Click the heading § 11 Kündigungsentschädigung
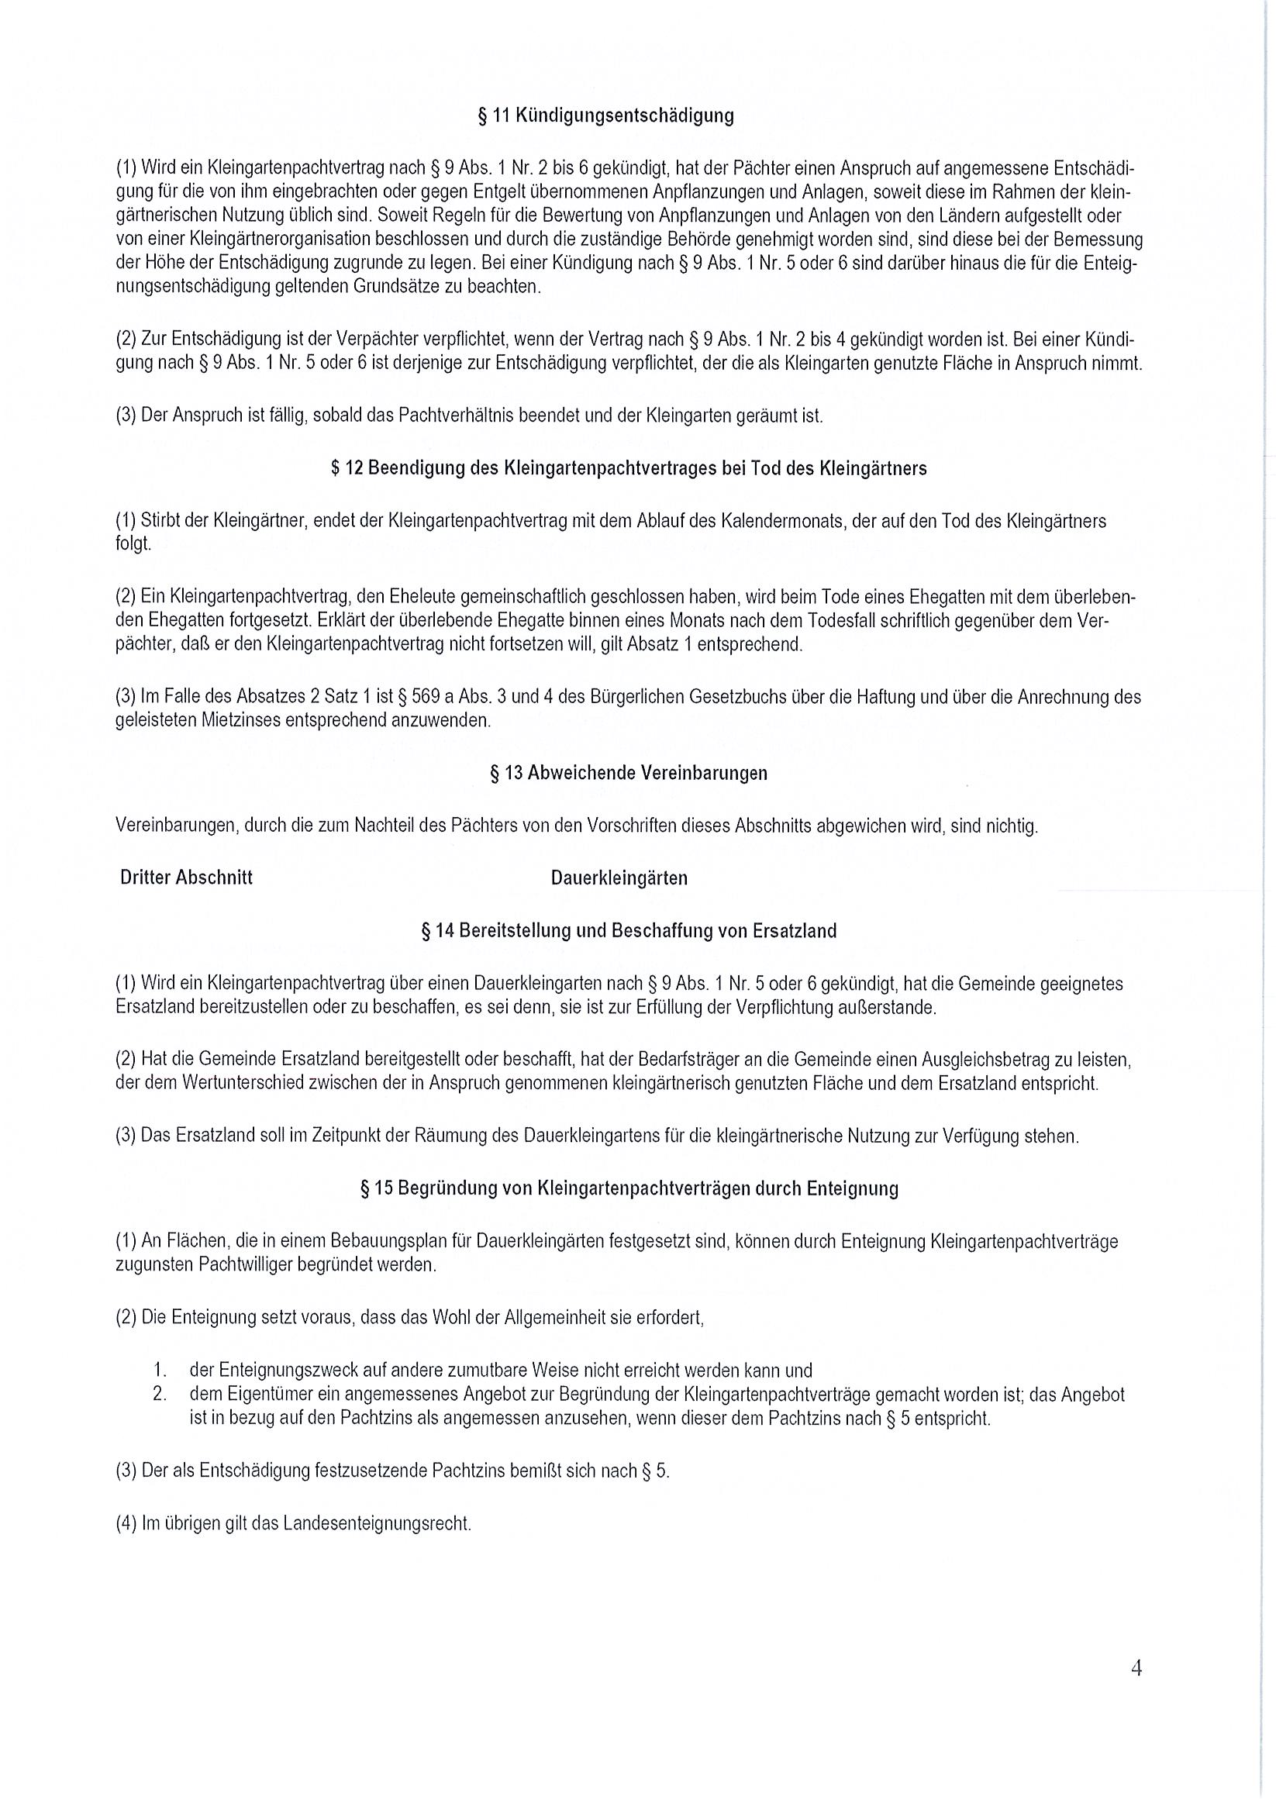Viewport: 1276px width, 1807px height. pyautogui.click(x=605, y=116)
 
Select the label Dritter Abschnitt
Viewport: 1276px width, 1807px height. pyautogui.click(x=187, y=878)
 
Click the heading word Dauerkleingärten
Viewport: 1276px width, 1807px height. pyautogui.click(x=619, y=878)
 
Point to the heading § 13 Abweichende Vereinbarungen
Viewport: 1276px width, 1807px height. pyautogui.click(x=628, y=773)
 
